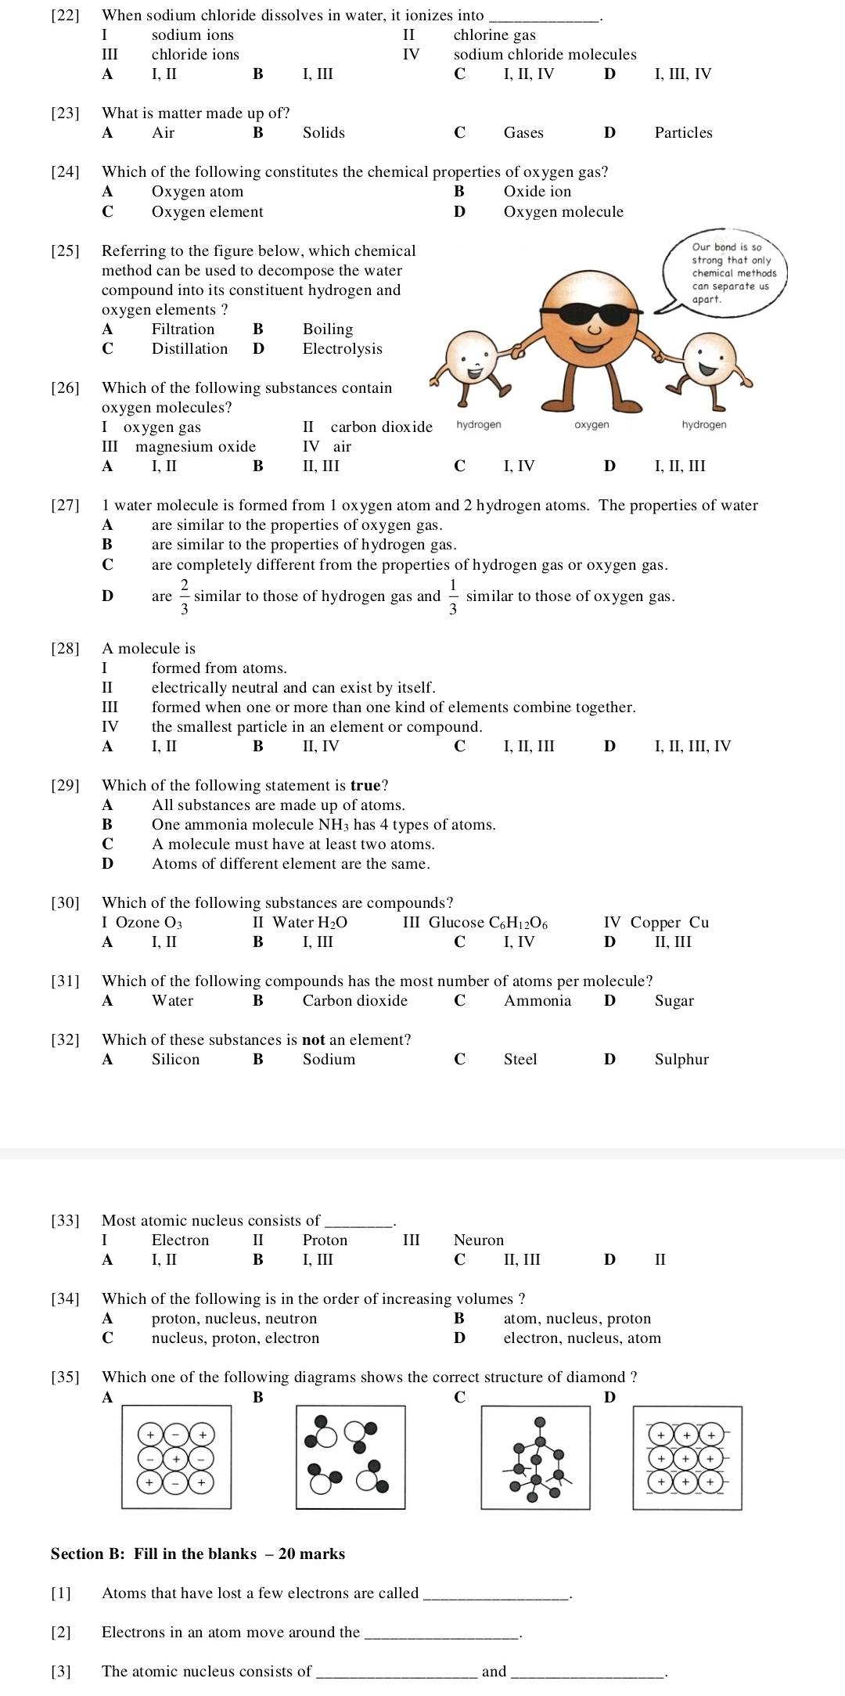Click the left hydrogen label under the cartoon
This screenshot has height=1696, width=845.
(478, 424)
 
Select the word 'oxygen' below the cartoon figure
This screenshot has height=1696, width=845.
(591, 424)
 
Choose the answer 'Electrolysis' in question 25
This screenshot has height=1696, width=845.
(342, 349)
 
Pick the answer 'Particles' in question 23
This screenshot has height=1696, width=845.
(683, 133)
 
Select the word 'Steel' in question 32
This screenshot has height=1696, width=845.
(520, 1060)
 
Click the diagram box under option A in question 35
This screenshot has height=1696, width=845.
(176, 1457)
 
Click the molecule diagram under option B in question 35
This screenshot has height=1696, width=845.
(351, 1457)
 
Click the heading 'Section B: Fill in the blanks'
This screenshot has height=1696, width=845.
(197, 1554)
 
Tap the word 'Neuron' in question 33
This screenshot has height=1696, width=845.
(479, 1240)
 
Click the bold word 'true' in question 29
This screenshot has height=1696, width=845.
(365, 786)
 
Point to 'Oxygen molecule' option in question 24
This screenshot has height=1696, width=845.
(563, 212)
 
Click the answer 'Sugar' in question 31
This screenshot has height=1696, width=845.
(674, 1001)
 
